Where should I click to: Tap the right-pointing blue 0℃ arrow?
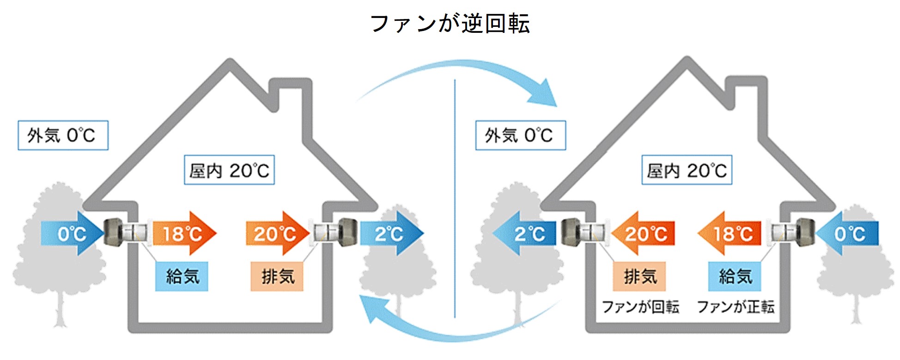(72, 233)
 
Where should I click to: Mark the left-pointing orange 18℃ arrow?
(730, 233)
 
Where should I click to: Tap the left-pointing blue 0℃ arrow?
(848, 233)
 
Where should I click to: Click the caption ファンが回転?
(640, 307)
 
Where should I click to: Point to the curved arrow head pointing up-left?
(372, 310)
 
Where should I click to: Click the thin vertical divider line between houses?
(455, 199)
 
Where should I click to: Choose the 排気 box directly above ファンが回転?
(639, 276)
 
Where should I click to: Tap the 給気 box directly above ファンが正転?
(735, 276)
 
